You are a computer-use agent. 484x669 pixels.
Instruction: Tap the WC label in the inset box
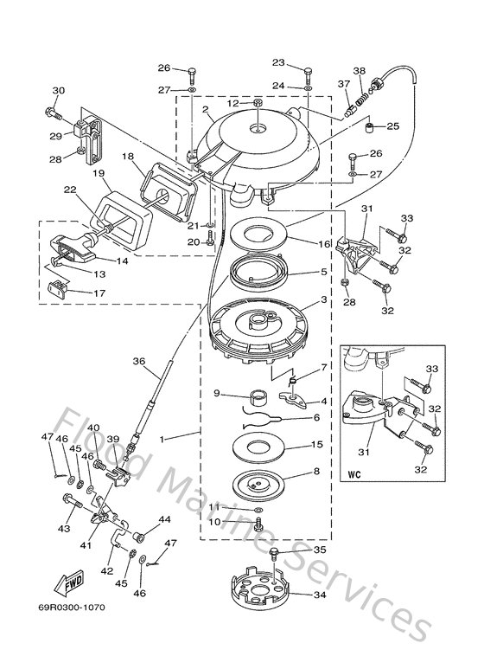(355, 474)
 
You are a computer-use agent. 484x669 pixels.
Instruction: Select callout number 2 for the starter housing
(206, 111)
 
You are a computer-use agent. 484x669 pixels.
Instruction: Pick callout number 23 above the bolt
(278, 62)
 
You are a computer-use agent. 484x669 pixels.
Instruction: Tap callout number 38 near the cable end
(360, 71)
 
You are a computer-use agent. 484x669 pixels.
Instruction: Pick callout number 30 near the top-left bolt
(59, 91)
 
